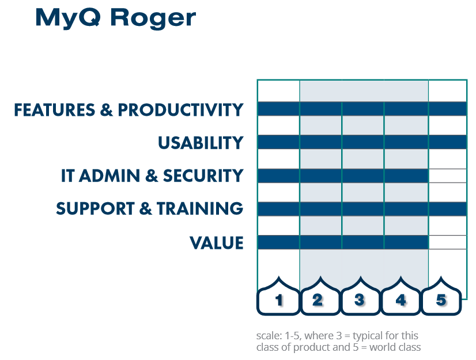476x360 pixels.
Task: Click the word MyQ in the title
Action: point(68,18)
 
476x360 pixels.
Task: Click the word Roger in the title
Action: point(153,19)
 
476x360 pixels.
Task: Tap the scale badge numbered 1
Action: point(278,296)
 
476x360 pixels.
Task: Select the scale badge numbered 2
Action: point(320,296)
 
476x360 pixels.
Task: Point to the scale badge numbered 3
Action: point(360,296)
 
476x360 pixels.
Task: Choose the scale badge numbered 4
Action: point(401,296)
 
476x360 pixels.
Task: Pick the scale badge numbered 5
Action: point(441,296)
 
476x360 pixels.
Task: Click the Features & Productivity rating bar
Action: point(362,109)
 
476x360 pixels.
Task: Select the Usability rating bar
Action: point(362,142)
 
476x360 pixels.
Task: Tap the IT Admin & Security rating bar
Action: point(343,176)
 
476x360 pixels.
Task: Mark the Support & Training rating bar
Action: point(362,209)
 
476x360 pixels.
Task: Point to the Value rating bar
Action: point(343,242)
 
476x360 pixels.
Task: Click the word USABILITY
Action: point(201,143)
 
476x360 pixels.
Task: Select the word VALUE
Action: point(217,243)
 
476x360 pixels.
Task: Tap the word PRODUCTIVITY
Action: point(180,109)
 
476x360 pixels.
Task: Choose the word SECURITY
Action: point(203,176)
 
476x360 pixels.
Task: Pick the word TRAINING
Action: point(200,209)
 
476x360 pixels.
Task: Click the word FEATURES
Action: point(55,109)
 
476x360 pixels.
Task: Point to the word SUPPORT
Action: point(95,209)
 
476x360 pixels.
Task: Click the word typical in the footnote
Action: point(368,336)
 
